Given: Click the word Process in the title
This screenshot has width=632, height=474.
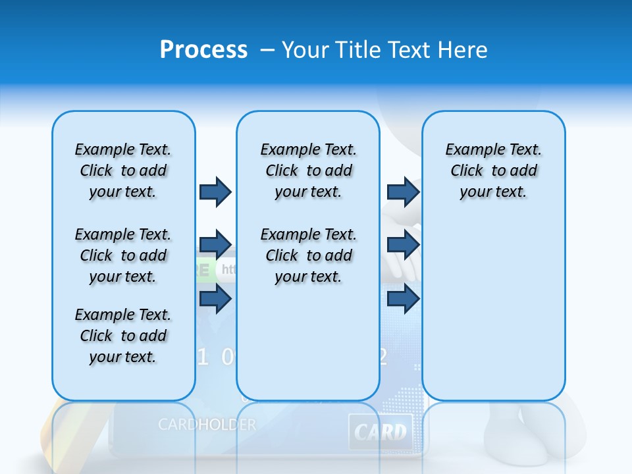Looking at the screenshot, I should tap(203, 50).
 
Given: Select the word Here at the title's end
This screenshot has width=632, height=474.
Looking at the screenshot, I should tap(462, 50).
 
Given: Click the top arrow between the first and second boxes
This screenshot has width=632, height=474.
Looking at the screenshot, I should tap(215, 192).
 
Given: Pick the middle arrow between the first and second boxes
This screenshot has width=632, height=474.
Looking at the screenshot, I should tap(215, 245).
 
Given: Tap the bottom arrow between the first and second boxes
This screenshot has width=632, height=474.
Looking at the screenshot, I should tap(215, 299).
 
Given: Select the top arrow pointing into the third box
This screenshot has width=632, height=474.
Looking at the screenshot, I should tap(403, 192).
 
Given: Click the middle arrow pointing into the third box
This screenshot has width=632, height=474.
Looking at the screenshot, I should tap(403, 245).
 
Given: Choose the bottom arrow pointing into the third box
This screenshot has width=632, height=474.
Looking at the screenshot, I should tap(403, 299).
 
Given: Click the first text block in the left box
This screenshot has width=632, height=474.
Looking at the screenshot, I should tap(123, 171).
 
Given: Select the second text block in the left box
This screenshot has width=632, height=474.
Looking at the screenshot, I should tap(123, 255).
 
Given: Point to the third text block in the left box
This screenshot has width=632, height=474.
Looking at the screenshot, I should tap(123, 336).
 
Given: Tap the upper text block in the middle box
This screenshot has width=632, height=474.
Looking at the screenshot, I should tap(308, 171).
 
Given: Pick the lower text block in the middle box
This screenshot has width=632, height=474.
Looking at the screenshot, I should tap(308, 255).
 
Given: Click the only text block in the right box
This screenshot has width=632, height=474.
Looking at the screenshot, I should tap(493, 171).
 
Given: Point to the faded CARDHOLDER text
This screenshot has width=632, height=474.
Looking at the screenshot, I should tap(207, 425).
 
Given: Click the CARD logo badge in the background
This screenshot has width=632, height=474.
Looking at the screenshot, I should tap(381, 432).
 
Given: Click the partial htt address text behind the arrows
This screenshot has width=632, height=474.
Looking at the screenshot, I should tap(228, 269).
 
